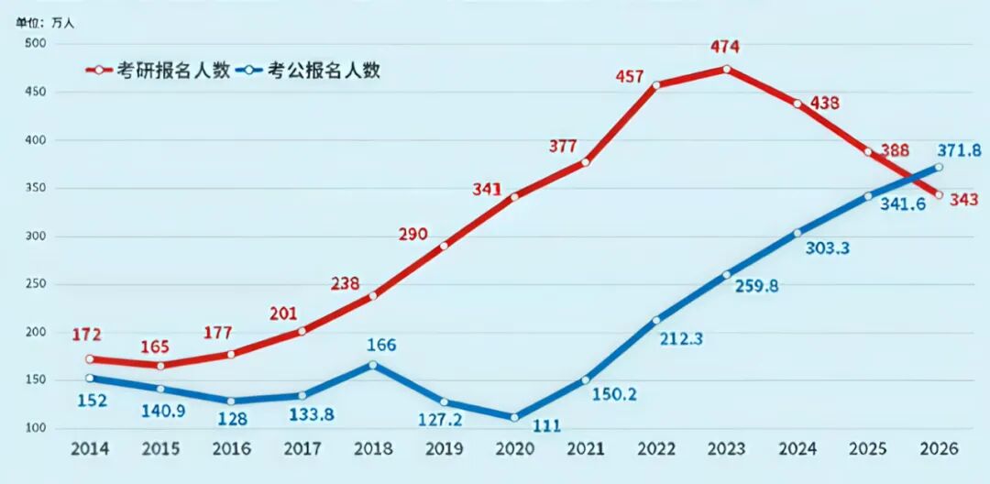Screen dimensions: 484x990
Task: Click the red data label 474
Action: point(725,47)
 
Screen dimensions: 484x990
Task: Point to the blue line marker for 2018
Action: point(373,365)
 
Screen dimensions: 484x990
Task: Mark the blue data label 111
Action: point(546,425)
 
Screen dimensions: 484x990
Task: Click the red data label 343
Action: point(963,199)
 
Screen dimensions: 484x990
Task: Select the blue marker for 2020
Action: point(514,417)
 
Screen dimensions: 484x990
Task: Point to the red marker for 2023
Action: point(727,69)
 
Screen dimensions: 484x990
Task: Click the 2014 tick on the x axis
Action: point(89,449)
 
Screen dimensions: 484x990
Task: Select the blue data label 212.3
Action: point(678,339)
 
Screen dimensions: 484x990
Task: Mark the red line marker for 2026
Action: point(939,194)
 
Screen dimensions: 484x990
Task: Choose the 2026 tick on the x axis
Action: point(939,449)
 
